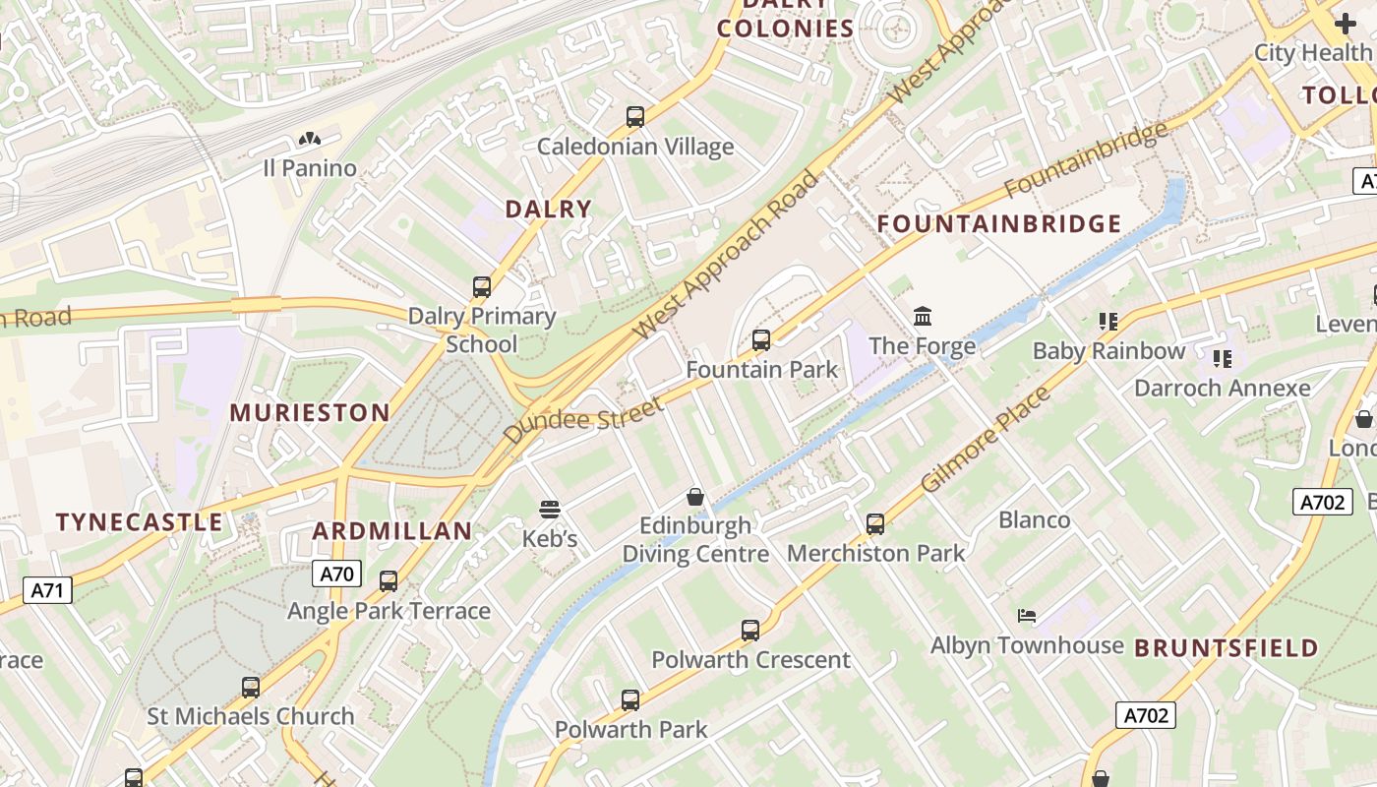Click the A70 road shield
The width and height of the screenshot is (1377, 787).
click(336, 574)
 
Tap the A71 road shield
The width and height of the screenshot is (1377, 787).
click(47, 590)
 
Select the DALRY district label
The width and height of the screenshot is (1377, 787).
click(548, 209)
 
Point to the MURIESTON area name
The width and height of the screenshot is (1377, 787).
click(310, 412)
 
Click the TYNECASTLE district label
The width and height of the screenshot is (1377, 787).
click(139, 522)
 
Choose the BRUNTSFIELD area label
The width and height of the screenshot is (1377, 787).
click(1226, 648)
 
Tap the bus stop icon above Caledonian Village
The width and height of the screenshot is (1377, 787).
click(635, 117)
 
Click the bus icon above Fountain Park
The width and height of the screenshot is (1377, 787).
click(761, 340)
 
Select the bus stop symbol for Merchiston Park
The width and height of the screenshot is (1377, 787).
click(875, 524)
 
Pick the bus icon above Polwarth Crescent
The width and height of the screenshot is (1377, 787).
click(750, 631)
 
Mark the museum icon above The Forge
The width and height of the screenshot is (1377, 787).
click(923, 317)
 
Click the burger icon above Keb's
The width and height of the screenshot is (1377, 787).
click(549, 510)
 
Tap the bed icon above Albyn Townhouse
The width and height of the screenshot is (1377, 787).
click(1026, 616)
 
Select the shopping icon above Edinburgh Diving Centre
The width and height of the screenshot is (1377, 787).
click(695, 497)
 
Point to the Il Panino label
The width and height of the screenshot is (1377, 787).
click(310, 168)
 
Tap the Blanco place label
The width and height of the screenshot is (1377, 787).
click(1034, 519)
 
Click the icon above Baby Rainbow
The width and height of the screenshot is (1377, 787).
click(1108, 322)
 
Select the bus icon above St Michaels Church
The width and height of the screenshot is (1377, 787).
click(251, 688)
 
